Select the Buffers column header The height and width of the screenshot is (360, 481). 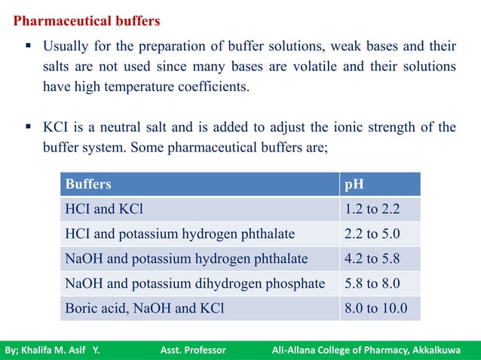pyautogui.click(x=88, y=184)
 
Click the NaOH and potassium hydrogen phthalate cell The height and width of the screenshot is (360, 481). pyautogui.click(x=186, y=259)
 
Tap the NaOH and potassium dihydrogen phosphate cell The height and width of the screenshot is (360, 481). pyautogui.click(x=195, y=284)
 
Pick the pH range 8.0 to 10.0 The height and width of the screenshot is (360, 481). pyautogui.click(x=375, y=308)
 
